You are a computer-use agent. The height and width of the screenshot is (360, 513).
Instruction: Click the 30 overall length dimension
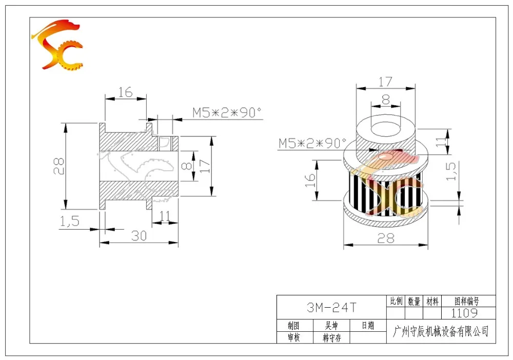pyautogui.click(x=139, y=236)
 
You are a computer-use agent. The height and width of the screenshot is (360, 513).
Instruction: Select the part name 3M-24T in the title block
pyautogui.click(x=331, y=307)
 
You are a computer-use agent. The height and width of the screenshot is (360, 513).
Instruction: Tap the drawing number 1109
pyautogui.click(x=464, y=313)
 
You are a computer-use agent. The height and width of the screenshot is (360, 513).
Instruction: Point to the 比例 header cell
pyautogui.click(x=396, y=301)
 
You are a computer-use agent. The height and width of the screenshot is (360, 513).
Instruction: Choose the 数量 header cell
pyautogui.click(x=414, y=302)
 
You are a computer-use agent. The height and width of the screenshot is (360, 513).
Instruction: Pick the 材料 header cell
pyautogui.click(x=432, y=302)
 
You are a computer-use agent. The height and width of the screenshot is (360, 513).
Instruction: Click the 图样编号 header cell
pyautogui.click(x=467, y=301)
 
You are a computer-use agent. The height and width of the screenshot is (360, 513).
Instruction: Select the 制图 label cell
pyautogui.click(x=294, y=326)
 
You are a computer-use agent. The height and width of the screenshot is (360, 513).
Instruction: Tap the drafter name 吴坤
pyautogui.click(x=331, y=326)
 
